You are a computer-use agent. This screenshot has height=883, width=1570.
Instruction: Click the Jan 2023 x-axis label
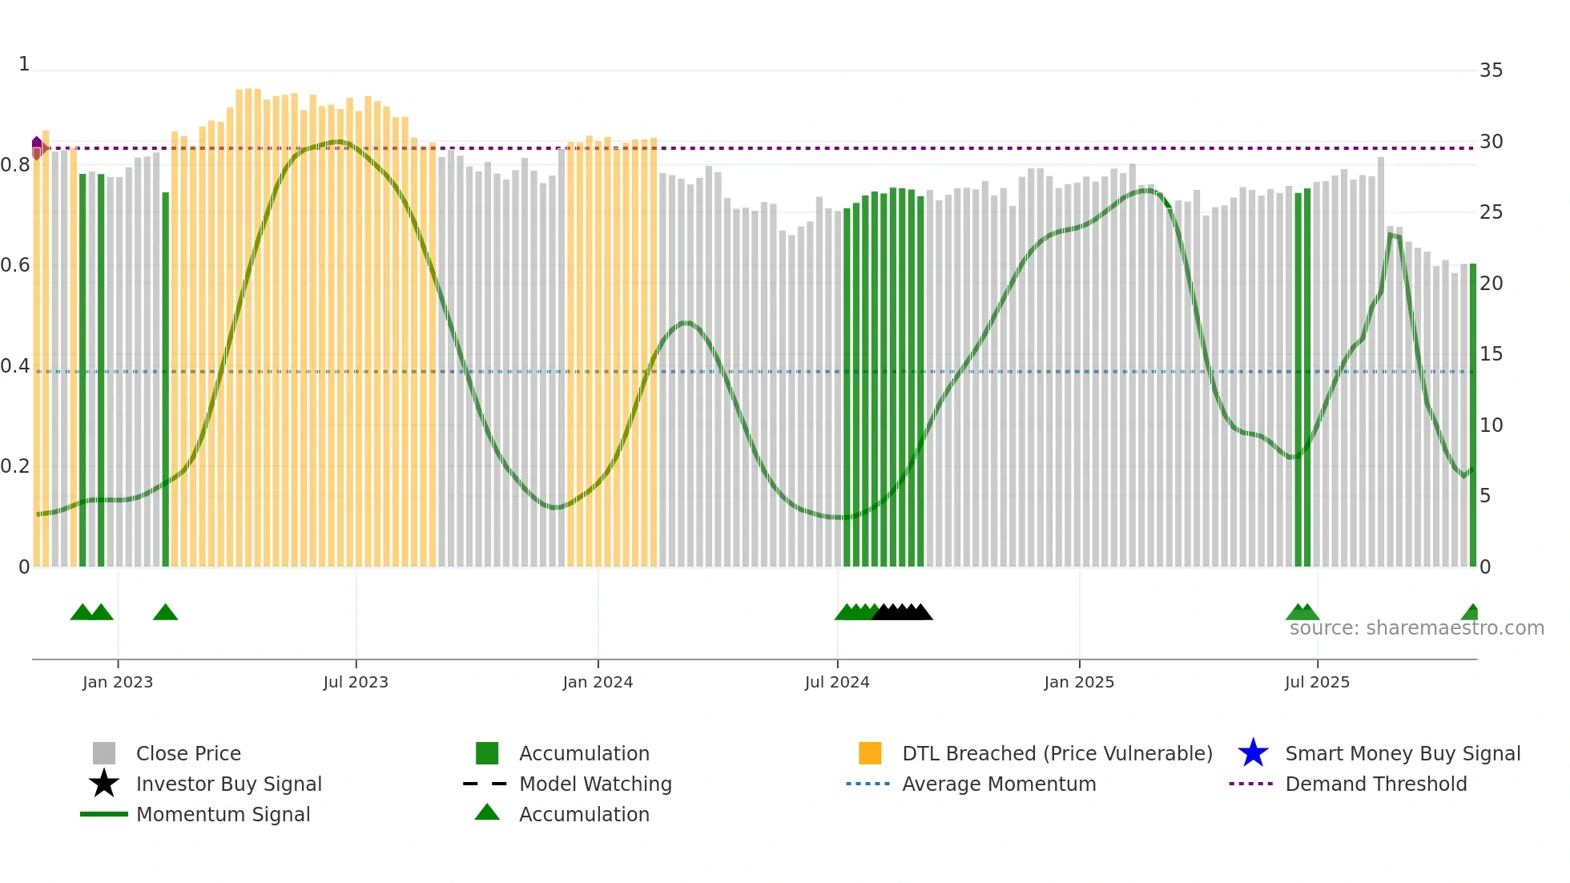pos(118,682)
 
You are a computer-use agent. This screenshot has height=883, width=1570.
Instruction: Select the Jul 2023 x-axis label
pos(356,682)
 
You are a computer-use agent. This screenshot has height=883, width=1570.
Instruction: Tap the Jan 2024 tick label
pos(598,682)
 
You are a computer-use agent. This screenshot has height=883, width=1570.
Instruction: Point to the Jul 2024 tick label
pos(837,682)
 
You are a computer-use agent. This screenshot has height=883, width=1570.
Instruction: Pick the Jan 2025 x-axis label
pos(1079,682)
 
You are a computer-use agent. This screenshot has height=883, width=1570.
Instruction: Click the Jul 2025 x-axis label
pos(1317,682)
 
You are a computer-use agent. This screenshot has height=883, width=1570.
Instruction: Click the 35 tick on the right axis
pos(1491,71)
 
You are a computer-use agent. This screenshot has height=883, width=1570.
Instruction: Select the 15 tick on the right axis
pos(1491,354)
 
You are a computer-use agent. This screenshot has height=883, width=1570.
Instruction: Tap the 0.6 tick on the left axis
pos(15,265)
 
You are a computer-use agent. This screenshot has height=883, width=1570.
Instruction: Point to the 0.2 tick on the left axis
pos(15,466)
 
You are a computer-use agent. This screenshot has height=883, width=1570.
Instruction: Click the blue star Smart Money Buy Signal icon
pos(1253,753)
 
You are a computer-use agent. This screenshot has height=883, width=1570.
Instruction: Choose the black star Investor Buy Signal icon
pos(104,784)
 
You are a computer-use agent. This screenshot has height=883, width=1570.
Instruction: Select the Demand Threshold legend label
pos(1375,784)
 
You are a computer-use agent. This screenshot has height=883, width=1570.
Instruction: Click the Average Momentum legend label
pos(999,784)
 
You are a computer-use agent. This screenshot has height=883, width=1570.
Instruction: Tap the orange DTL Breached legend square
pos(870,753)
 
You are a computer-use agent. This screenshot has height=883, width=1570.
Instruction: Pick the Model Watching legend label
pos(595,784)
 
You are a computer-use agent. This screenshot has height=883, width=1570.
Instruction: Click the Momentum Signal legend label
pos(223,814)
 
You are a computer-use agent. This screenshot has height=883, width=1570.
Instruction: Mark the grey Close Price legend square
pos(104,753)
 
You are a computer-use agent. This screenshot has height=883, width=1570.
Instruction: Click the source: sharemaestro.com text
pos(1416,628)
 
